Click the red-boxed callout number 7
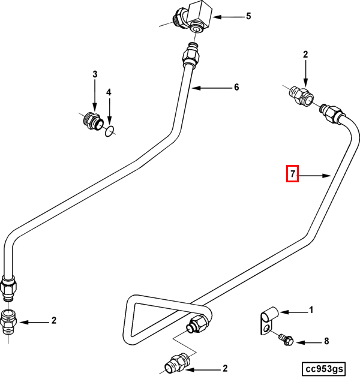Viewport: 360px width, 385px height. pos(293,175)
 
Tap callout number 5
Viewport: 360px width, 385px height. pos(248,16)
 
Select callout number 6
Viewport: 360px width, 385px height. pos(236,88)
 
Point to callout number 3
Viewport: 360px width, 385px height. pos(94,74)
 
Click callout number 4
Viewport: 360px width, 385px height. pos(109,92)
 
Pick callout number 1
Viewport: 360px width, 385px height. pos(311,310)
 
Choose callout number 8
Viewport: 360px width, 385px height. pos(326,342)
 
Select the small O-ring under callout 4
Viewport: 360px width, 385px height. pos(108,131)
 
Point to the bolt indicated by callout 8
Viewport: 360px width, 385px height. pos(285,340)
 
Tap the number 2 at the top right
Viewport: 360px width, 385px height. pos(305,55)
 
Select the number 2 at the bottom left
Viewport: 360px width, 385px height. pos(53,321)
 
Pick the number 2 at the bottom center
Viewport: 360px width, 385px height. pos(225,369)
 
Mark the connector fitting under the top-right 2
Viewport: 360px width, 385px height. pos(299,95)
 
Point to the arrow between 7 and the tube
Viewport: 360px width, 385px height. pos(316,175)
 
